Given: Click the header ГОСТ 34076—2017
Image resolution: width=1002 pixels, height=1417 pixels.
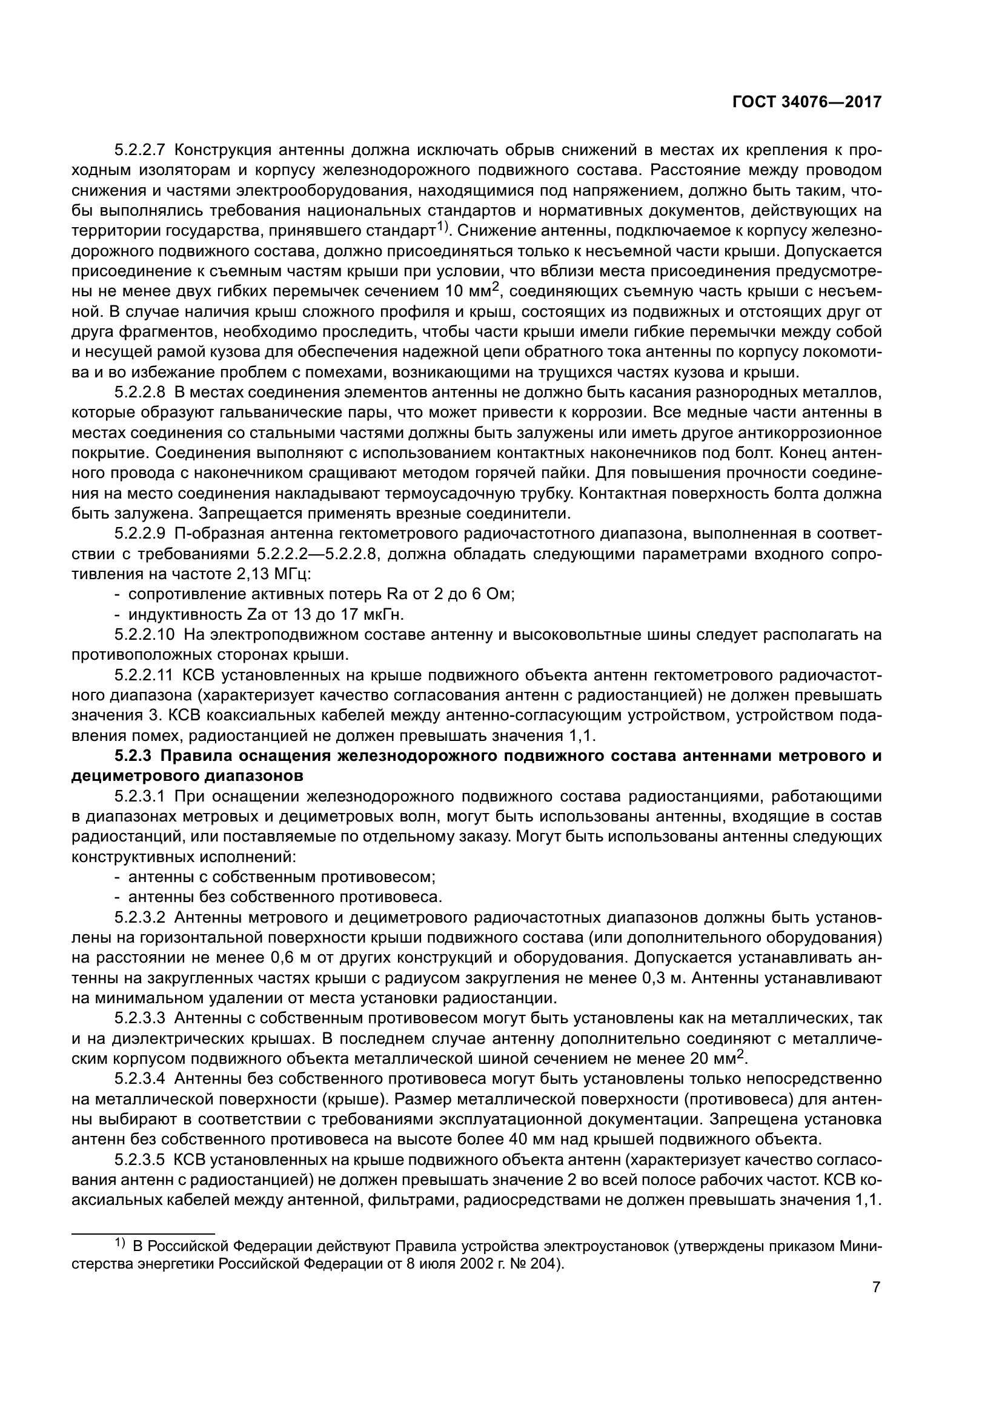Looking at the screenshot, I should coord(806,102).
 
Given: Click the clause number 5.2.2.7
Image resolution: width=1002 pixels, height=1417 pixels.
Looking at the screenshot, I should coord(139,151).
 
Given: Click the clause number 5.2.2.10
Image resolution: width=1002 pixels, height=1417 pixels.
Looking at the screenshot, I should coord(143,634).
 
